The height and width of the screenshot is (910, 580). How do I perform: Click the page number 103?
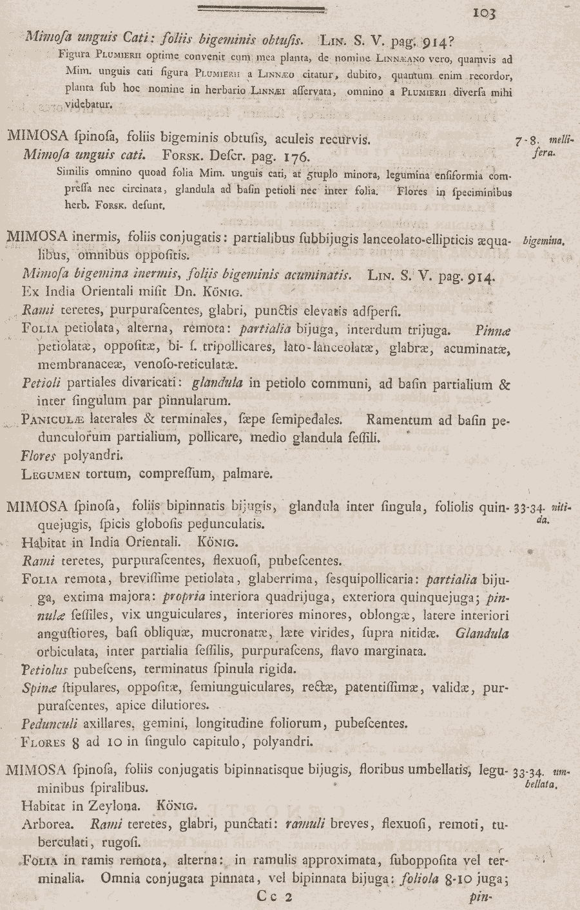[x=483, y=12]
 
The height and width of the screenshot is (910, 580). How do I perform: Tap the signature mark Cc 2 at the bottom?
[x=275, y=896]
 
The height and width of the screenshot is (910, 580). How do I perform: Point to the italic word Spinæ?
[x=36, y=687]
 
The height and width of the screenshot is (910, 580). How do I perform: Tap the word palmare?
[x=247, y=475]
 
